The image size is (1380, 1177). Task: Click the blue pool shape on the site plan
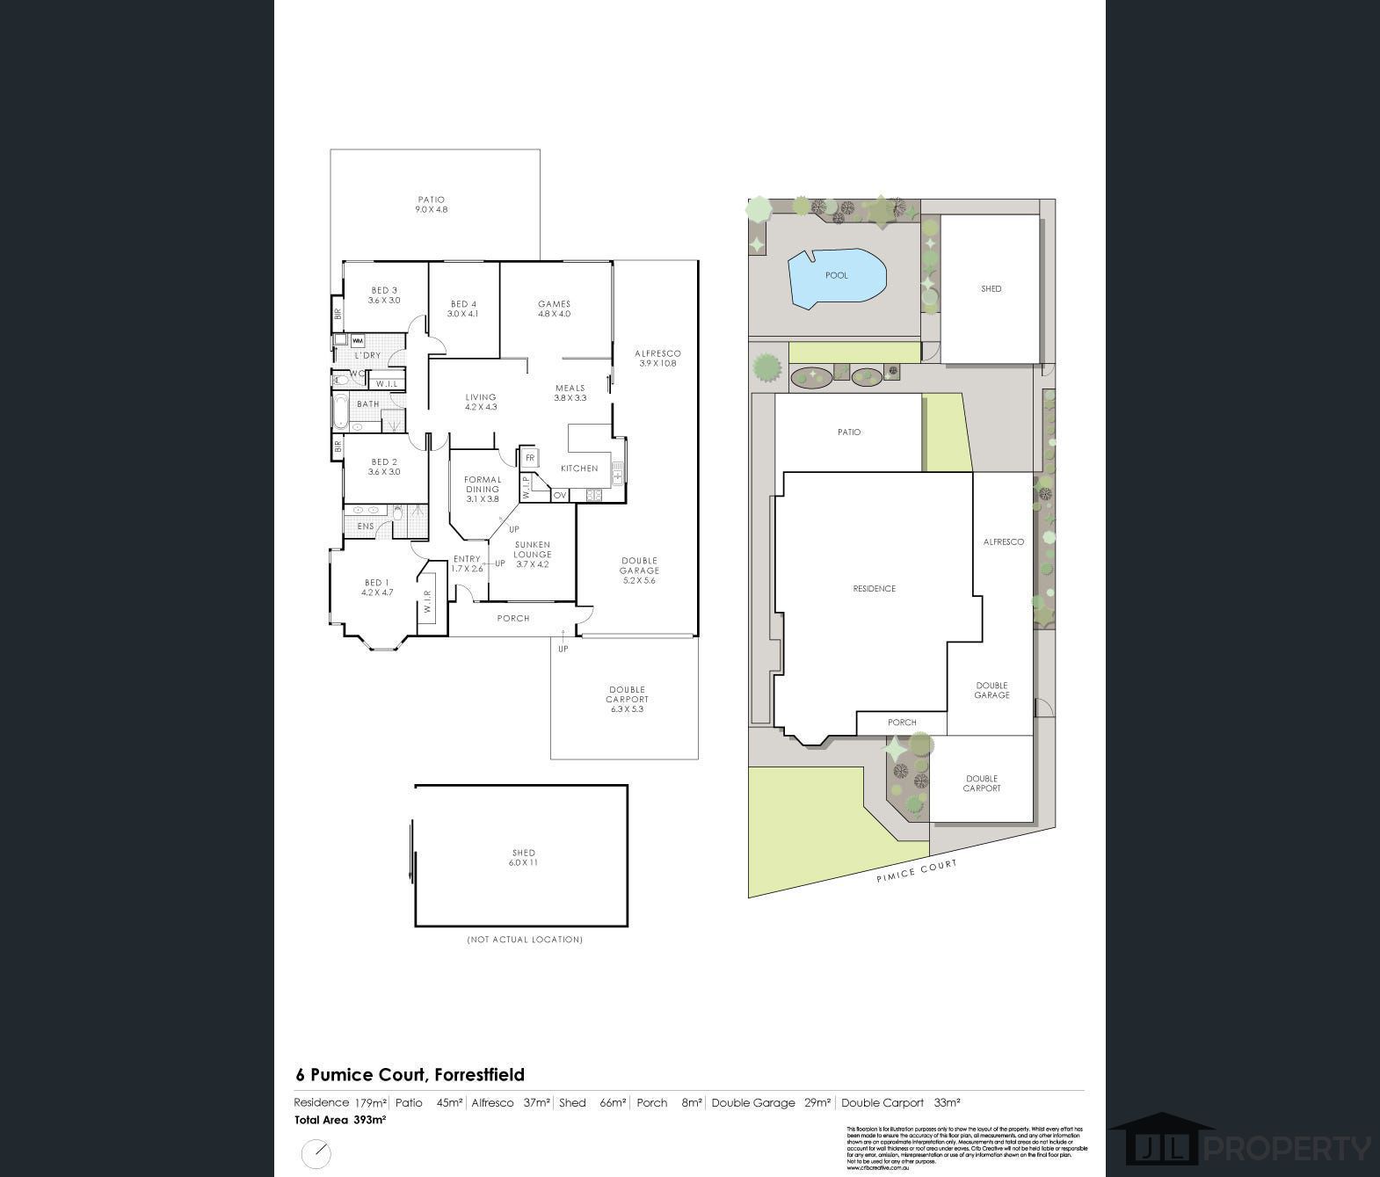click(x=836, y=277)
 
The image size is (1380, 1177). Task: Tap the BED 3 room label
click(x=384, y=295)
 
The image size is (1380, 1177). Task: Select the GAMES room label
click(x=554, y=309)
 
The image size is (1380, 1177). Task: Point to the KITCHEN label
click(x=579, y=469)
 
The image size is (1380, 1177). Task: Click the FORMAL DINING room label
click(x=483, y=490)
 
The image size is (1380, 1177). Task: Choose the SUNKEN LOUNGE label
click(x=533, y=555)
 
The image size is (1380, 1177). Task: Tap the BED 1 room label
click(x=376, y=587)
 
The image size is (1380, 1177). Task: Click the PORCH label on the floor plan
click(x=513, y=619)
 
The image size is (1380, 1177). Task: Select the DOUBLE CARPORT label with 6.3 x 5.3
click(x=627, y=700)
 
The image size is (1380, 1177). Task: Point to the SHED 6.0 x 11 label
click(x=523, y=858)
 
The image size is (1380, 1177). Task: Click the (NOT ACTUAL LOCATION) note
click(x=524, y=940)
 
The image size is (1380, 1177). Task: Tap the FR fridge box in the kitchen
click(x=530, y=458)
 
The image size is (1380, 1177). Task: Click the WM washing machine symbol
click(x=358, y=340)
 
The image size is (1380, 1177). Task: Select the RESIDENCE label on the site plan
click(x=874, y=589)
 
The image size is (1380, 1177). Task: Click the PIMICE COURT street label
click(x=916, y=870)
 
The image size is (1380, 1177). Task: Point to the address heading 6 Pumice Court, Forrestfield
click(x=410, y=1074)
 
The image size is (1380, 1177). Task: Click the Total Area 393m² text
click(x=340, y=1120)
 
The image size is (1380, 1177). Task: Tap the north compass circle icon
click(x=316, y=1153)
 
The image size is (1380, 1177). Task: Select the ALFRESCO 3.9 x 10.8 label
click(x=657, y=358)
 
